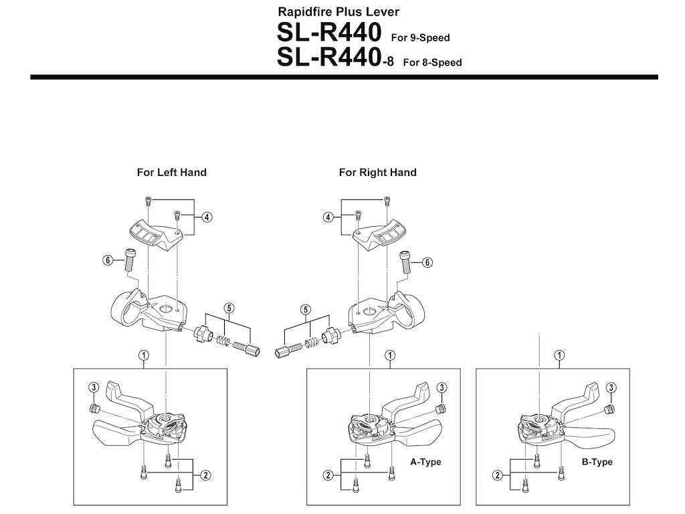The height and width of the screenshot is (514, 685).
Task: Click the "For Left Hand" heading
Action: click(x=171, y=173)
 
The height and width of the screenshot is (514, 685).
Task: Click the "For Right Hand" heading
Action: click(x=377, y=173)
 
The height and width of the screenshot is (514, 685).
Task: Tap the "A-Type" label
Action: click(x=425, y=462)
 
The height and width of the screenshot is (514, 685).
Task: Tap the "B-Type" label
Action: click(x=597, y=462)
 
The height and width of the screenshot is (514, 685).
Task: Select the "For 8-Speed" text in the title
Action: click(x=432, y=62)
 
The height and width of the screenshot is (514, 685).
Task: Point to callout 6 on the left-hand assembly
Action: click(x=106, y=260)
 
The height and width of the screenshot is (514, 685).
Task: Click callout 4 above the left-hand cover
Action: click(x=207, y=217)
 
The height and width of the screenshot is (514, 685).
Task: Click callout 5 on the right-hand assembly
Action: click(x=306, y=309)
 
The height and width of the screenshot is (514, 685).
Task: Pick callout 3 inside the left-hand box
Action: click(x=93, y=387)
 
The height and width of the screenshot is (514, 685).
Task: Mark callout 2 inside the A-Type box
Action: click(x=328, y=475)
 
